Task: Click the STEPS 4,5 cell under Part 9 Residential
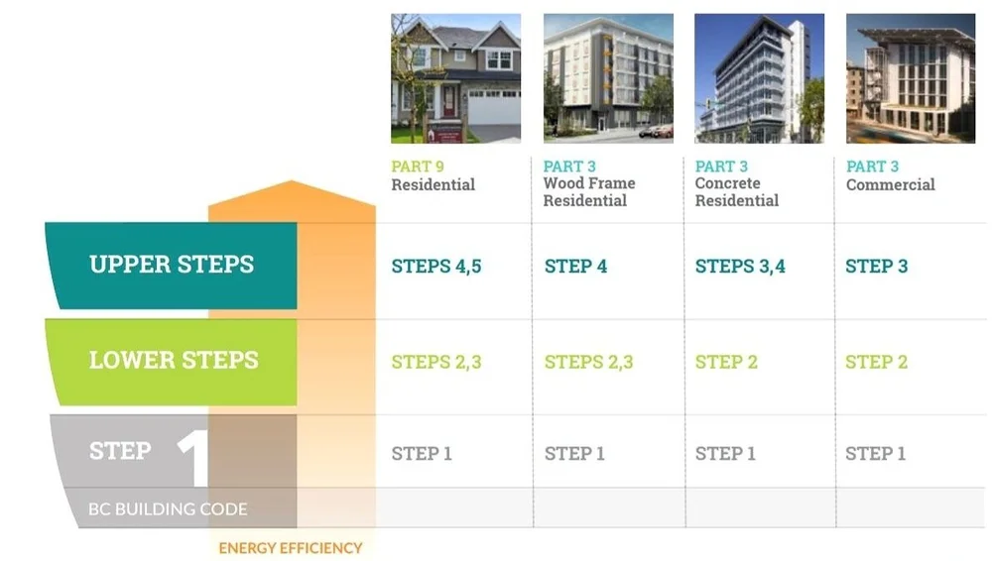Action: pos(435,266)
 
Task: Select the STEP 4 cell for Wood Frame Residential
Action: pos(575,266)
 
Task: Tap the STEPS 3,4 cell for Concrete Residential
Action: pos(739,266)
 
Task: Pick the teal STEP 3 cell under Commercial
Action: pos(876,266)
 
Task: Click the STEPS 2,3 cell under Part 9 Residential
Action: pos(435,362)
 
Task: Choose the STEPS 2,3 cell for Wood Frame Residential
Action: pos(588,362)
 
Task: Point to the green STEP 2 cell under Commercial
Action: pos(876,362)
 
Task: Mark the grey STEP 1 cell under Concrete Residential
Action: pos(725,453)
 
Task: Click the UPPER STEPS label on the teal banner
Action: pos(172,265)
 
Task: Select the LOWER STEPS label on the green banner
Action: pos(174,360)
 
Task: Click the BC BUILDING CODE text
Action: pos(168,509)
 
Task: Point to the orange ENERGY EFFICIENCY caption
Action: pos(291,547)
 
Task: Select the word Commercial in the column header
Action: pos(890,184)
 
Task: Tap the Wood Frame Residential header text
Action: pos(588,192)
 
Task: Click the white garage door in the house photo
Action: pos(493,106)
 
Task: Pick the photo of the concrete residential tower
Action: pos(759,78)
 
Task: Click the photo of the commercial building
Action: pos(911,78)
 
